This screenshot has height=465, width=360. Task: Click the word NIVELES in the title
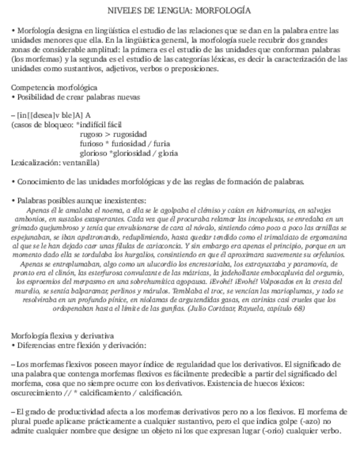[124, 10]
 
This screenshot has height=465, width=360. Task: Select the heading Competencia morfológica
[54, 87]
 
